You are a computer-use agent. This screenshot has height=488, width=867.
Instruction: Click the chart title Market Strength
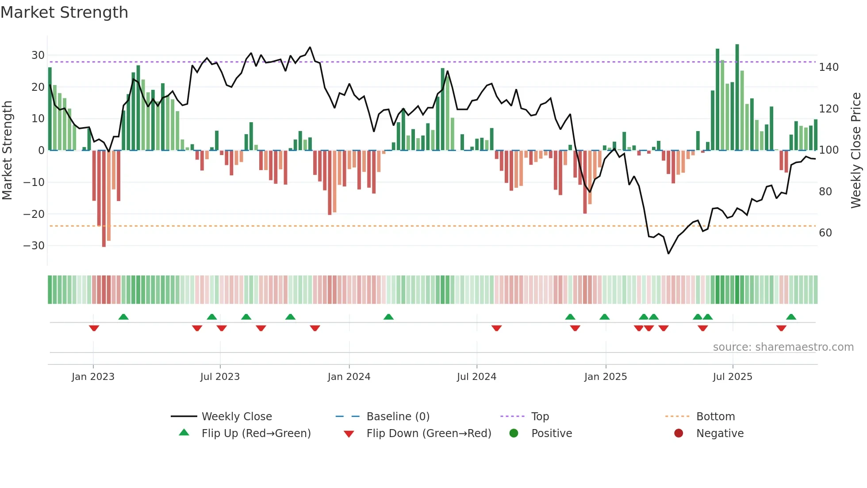point(65,12)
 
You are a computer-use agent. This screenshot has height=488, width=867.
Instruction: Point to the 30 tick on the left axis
point(38,55)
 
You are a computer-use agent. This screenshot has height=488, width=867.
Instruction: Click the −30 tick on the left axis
point(35,246)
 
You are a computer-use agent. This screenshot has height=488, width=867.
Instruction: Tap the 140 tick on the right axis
point(829,67)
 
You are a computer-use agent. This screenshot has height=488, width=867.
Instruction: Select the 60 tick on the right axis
point(825,233)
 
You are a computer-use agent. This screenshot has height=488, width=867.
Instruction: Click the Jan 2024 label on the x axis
point(349,377)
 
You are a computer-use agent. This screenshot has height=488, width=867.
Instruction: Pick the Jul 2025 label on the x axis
point(733,377)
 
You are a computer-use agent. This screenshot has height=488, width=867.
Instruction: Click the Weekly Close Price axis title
point(856,151)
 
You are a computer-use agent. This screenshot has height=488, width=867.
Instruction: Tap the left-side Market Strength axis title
point(8,151)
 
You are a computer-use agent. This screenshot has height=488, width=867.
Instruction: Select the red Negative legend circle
point(679,434)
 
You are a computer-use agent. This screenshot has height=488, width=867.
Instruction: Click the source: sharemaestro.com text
point(783,347)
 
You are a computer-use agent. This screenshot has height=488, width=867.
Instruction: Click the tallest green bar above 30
point(737,97)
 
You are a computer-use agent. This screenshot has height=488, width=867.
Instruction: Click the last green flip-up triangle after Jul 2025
point(791,317)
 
